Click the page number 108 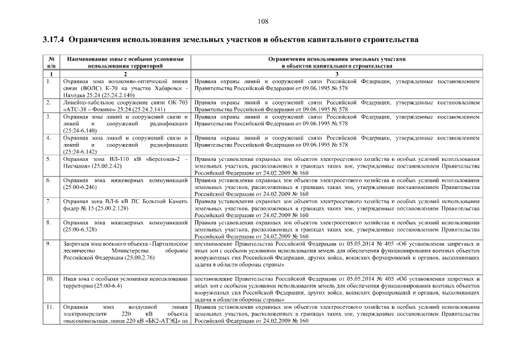point(262,21)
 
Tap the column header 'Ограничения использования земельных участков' point(336,59)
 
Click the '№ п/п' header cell point(51,62)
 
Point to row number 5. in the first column point(49,159)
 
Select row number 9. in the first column point(49,244)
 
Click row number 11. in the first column point(50,307)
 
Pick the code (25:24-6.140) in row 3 point(80,130)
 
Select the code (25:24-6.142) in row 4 point(80,152)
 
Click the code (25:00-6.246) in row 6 point(80,187)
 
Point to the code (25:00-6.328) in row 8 point(80,229)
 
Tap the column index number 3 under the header point(336,74)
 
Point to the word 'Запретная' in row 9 point(75,244)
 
